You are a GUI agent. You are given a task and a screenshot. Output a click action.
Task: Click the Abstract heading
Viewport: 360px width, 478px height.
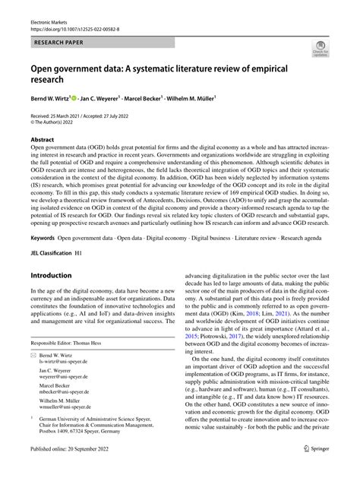[43, 141]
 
